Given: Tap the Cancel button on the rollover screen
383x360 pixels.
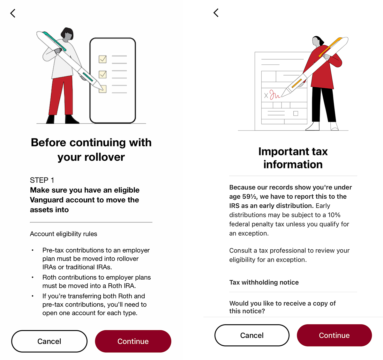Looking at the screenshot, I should tap(49, 341).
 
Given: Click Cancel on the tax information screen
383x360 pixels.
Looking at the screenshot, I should tap(252, 335).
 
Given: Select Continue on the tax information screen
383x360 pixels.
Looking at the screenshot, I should tap(334, 335).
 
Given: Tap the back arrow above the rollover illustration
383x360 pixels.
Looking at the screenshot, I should tap(13, 13).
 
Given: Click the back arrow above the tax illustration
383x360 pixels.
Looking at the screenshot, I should tap(216, 13).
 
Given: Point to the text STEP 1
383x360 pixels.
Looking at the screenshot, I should tap(42, 180).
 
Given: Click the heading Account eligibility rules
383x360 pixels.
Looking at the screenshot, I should tap(64, 234).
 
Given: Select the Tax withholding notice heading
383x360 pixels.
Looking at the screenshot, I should tap(264, 282).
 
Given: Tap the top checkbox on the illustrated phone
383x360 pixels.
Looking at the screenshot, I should tap(102, 59).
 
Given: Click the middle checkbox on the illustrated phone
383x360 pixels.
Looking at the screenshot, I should tap(102, 74).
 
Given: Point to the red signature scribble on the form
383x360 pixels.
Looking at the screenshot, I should tap(274, 94).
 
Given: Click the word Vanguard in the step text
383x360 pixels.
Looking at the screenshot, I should tap(47, 200).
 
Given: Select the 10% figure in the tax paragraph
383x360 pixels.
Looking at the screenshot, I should tap(334, 215).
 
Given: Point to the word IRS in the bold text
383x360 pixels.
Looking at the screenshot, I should tap(235, 206).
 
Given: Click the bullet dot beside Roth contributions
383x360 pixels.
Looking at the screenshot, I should tap(33, 277).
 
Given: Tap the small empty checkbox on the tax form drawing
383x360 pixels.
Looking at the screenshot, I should tap(296, 113).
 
